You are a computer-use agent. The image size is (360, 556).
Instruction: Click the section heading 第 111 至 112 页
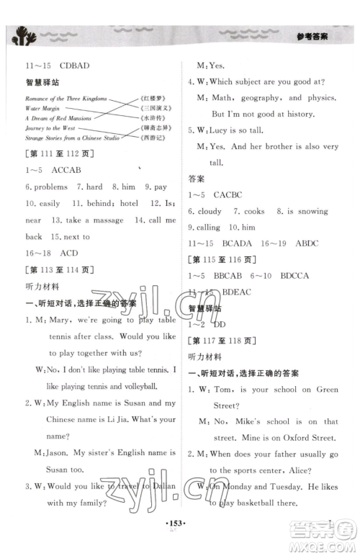point(55,152)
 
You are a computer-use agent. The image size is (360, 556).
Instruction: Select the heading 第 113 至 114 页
point(55,270)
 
